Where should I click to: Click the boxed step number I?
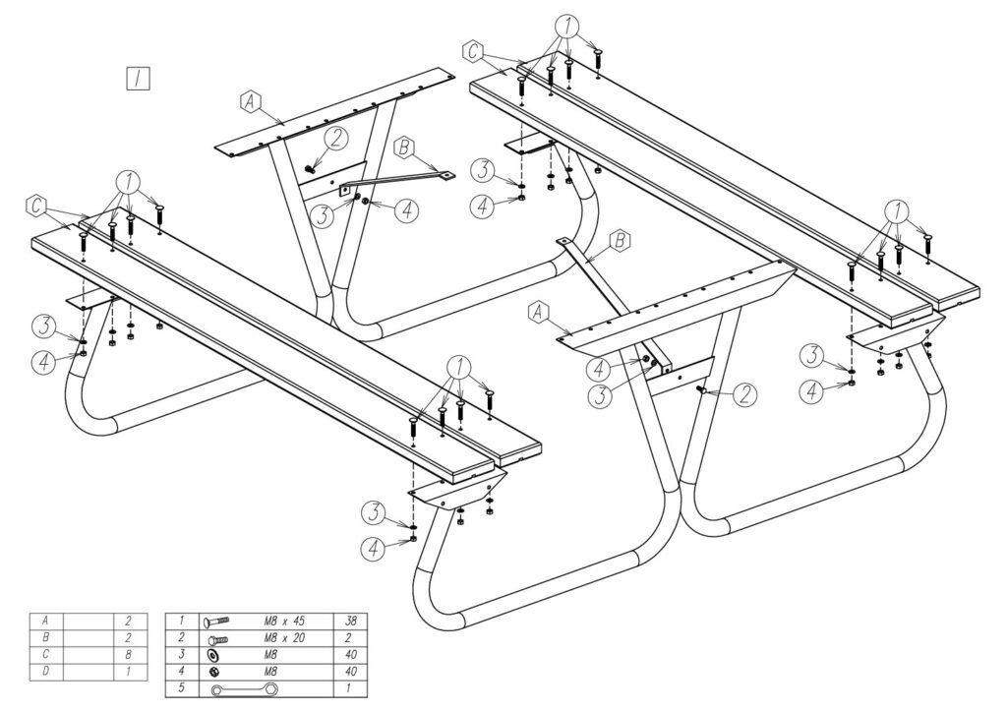(138, 78)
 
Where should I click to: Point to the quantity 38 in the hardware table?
(350, 622)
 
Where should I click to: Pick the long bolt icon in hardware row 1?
(217, 622)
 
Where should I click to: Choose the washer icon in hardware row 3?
(213, 655)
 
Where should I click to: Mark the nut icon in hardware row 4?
(213, 672)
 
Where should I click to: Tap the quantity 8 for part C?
(128, 655)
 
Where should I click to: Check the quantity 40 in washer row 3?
(350, 655)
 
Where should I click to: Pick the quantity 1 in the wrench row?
(350, 688)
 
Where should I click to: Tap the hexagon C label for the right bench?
(474, 49)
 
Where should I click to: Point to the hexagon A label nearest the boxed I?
(250, 100)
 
